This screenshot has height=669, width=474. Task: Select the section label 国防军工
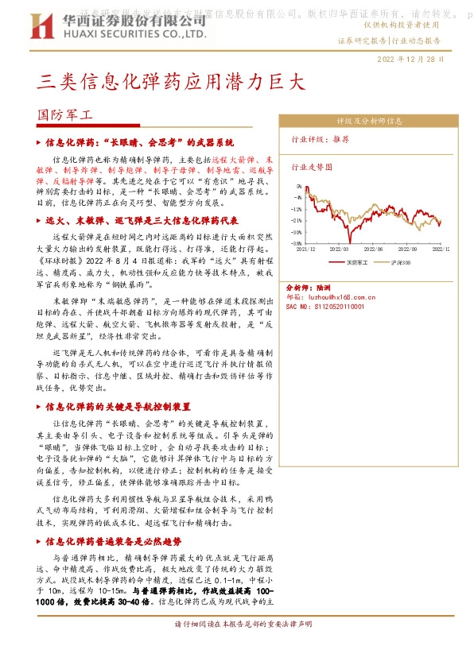click(66, 114)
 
